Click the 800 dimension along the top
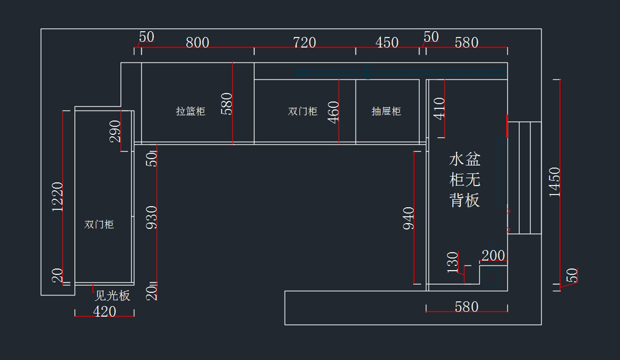pyautogui.click(x=197, y=42)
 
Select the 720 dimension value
pyautogui.click(x=304, y=42)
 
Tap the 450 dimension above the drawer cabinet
pyautogui.click(x=387, y=42)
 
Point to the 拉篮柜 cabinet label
pyautogui.click(x=191, y=111)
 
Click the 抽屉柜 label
pyautogui.click(x=386, y=111)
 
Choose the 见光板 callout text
pyautogui.click(x=113, y=295)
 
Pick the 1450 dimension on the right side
pyautogui.click(x=554, y=181)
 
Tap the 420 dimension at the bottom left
pyautogui.click(x=104, y=311)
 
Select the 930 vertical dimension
pyautogui.click(x=151, y=217)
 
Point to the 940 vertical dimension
pyautogui.click(x=408, y=218)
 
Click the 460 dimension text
pyautogui.click(x=333, y=112)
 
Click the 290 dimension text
pyautogui.click(x=115, y=131)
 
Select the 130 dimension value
pyautogui.click(x=453, y=262)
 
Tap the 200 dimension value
pyautogui.click(x=493, y=255)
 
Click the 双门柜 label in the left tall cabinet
pyautogui.click(x=99, y=225)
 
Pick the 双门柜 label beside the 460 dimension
pyautogui.click(x=303, y=111)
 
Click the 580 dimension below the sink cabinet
pyautogui.click(x=467, y=307)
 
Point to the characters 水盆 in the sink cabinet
pyautogui.click(x=465, y=159)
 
